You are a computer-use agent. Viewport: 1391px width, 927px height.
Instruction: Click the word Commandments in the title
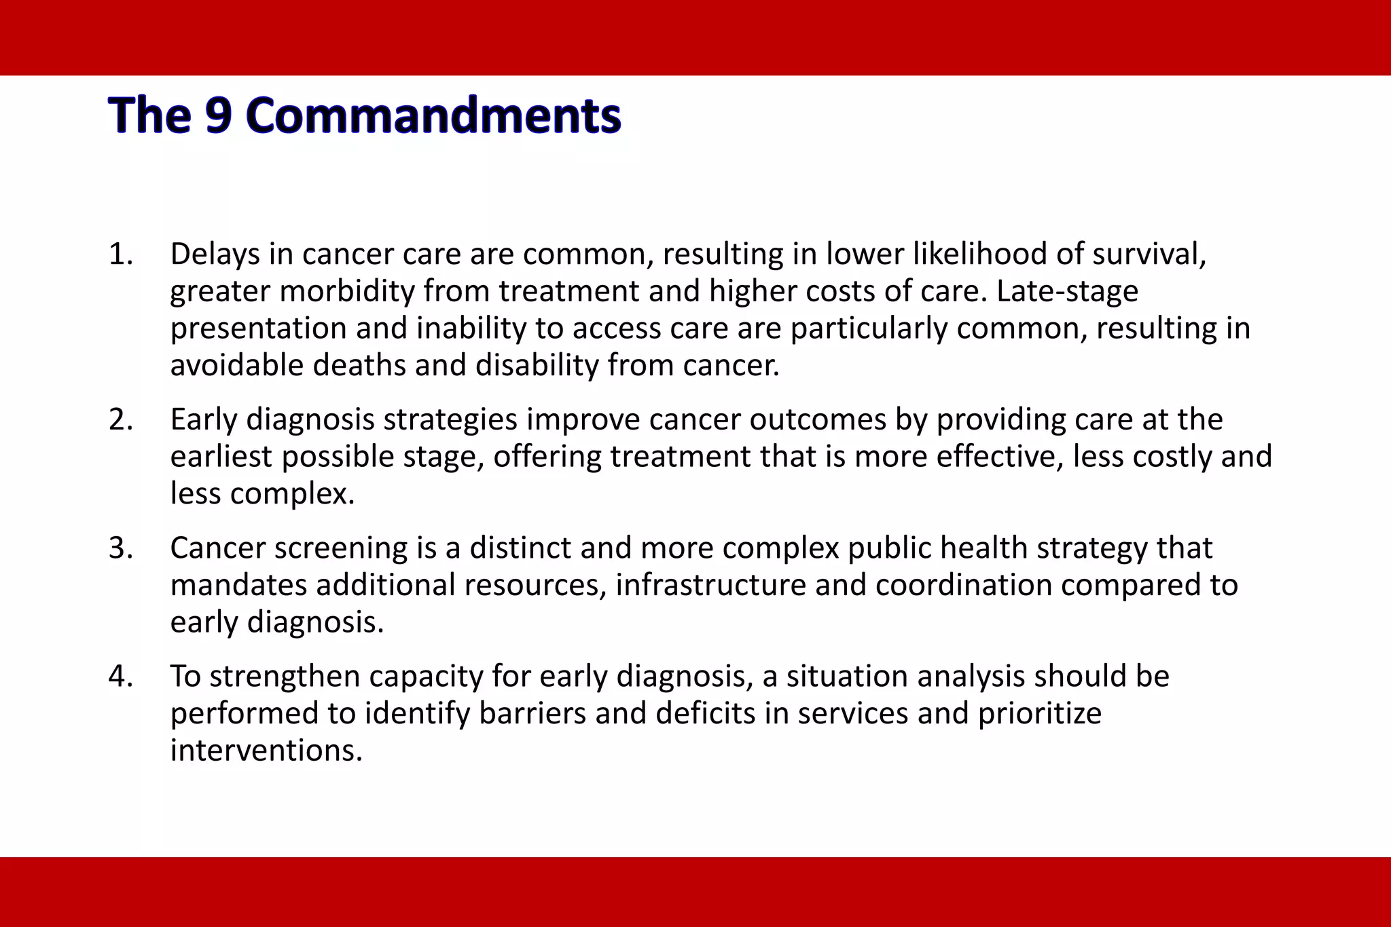[434, 115]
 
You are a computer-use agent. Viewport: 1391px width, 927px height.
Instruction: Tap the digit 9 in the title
[219, 115]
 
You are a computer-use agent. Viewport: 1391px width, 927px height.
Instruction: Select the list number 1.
[120, 254]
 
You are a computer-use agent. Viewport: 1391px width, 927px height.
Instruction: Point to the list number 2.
[120, 420]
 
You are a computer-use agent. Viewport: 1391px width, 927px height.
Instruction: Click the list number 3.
[120, 548]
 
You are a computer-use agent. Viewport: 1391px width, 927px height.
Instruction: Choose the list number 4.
[120, 677]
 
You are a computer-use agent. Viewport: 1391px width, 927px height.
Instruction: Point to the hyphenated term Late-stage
[1067, 292]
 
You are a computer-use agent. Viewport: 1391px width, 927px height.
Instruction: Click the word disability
[537, 366]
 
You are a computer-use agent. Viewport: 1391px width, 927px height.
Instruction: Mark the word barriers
[532, 713]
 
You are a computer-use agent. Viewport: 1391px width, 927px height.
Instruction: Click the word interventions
[266, 751]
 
